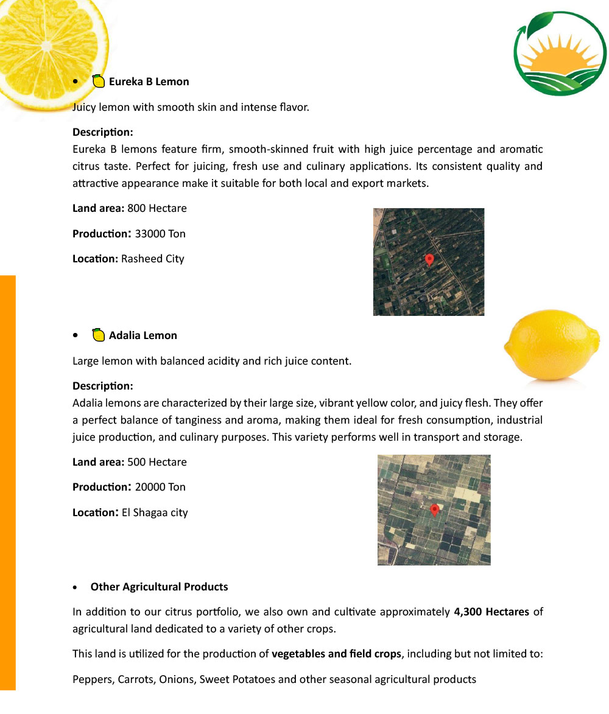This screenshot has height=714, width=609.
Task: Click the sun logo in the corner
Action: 560,54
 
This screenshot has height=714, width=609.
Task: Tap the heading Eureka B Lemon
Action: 149,82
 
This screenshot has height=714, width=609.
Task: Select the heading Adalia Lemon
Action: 143,335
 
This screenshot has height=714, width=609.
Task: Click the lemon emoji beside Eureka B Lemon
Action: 98,81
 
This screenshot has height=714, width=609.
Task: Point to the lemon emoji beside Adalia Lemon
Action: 98,335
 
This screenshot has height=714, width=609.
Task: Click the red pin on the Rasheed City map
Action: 429,260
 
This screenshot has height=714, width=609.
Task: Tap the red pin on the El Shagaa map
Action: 434,510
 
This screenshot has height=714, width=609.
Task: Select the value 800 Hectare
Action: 157,208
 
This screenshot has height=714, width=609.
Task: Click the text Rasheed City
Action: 152,259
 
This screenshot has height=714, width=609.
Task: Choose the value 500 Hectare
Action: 157,462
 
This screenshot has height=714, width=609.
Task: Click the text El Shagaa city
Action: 155,513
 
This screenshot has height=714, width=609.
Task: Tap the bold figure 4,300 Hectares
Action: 491,612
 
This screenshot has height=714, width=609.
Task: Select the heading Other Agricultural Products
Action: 159,587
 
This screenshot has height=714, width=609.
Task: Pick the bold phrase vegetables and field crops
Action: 336,654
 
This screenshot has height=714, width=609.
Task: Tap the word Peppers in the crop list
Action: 91,679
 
